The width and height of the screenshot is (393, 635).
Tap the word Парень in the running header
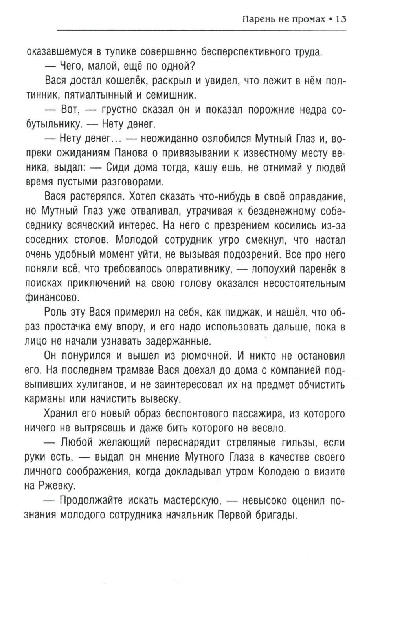click(x=259, y=19)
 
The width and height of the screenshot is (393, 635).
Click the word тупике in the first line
click(x=119, y=52)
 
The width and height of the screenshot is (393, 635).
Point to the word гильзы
click(x=286, y=443)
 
